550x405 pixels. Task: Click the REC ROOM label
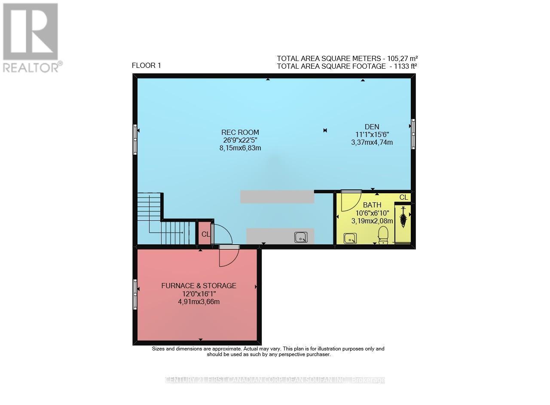pyautogui.click(x=240, y=132)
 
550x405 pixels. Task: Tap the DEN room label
pyautogui.click(x=372, y=127)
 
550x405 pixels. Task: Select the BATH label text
pyautogui.click(x=372, y=205)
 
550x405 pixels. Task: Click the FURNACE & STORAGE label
pyautogui.click(x=199, y=286)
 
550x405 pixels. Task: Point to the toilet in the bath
pyautogui.click(x=382, y=235)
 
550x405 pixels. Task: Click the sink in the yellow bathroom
pyautogui.click(x=350, y=238)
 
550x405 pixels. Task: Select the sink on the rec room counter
pyautogui.click(x=301, y=237)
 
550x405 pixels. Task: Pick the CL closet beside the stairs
pyautogui.click(x=205, y=234)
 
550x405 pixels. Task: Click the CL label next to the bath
pyautogui.click(x=403, y=197)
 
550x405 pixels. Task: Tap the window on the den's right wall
pyautogui.click(x=413, y=134)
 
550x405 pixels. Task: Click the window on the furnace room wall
pyautogui.click(x=135, y=294)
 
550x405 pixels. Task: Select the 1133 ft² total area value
pyautogui.click(x=403, y=66)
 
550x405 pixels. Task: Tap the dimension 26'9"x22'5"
pyautogui.click(x=240, y=140)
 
